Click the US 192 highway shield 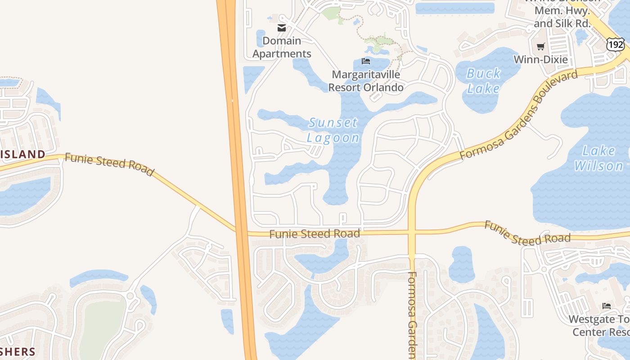point(615,44)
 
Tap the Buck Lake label point(483,81)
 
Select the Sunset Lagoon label point(333,130)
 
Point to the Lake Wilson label point(599,158)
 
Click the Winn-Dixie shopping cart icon point(541,46)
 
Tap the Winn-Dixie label point(540,59)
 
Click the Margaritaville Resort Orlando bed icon point(366,61)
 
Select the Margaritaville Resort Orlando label point(366,81)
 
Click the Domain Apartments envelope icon point(282,28)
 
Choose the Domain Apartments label point(282,47)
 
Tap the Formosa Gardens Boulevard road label point(518,115)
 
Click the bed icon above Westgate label point(607,306)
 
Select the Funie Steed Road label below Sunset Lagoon point(315,234)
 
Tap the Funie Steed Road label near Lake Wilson point(527,233)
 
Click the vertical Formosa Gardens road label point(414,315)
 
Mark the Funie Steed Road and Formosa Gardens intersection point(412,233)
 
